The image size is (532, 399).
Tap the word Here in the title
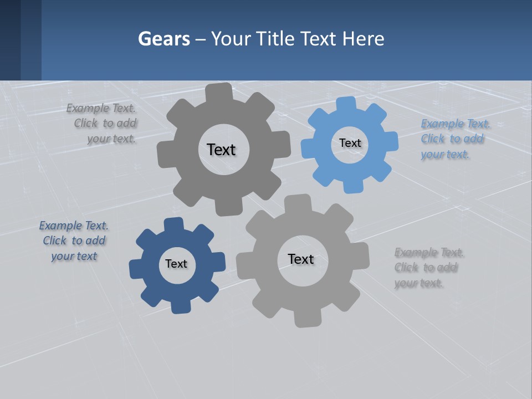363,39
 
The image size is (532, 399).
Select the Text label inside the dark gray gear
221,150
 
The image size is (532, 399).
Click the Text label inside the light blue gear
350,143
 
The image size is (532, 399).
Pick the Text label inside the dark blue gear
176,264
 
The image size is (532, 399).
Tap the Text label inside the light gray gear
301,259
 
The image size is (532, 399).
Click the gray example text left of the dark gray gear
104,124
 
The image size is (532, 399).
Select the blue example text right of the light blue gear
453,139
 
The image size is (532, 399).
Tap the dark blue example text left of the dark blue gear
74,241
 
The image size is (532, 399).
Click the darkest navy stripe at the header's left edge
10,40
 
